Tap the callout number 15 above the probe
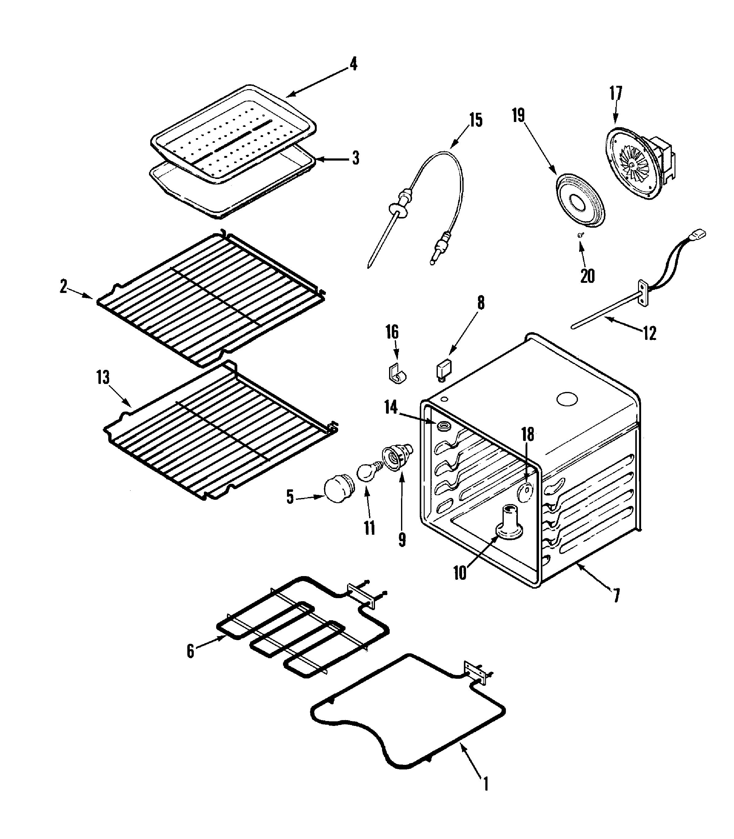click(x=476, y=120)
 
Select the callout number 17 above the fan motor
click(x=616, y=93)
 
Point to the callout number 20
click(x=587, y=276)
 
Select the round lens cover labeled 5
click(x=336, y=489)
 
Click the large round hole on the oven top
click(x=567, y=400)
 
